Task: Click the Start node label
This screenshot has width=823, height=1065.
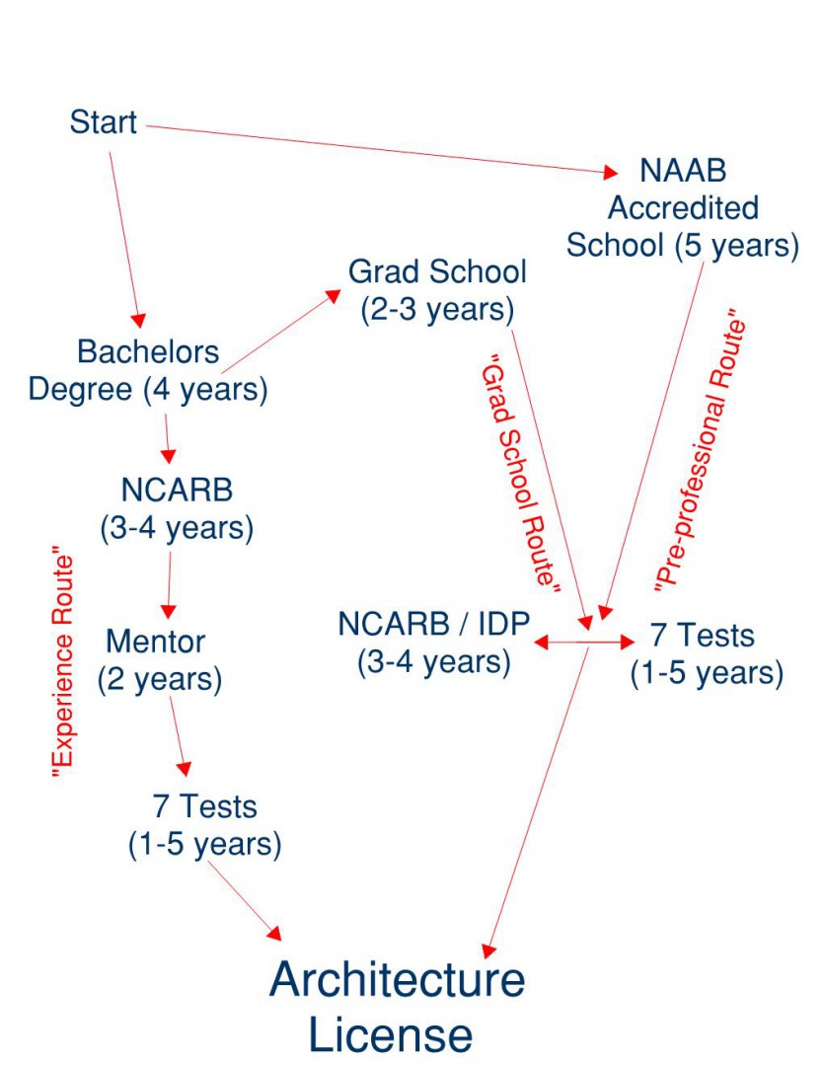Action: pyautogui.click(x=103, y=124)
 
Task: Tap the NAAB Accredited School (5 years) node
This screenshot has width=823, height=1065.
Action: pyautogui.click(x=682, y=208)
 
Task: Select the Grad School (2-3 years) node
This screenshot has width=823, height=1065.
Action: pyautogui.click(x=437, y=290)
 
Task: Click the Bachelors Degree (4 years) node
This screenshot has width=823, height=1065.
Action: pyautogui.click(x=148, y=370)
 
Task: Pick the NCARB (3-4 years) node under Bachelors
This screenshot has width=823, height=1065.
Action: pyautogui.click(x=177, y=509)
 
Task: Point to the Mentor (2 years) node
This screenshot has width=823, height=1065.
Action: pyautogui.click(x=158, y=660)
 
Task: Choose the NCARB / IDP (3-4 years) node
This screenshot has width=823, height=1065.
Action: pyautogui.click(x=434, y=643)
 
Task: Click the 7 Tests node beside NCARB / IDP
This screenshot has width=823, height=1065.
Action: pyautogui.click(x=707, y=653)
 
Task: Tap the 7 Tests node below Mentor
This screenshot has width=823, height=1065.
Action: pyautogui.click(x=204, y=825)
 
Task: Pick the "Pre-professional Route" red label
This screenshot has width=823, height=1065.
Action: pyautogui.click(x=701, y=454)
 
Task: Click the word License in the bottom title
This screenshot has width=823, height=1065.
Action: pyautogui.click(x=391, y=1035)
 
